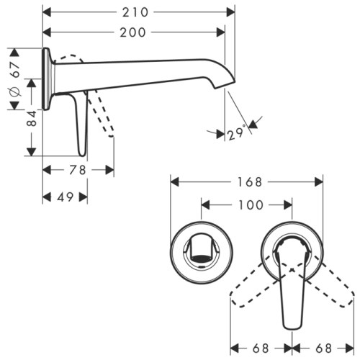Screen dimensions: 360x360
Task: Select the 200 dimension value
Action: tap(133, 32)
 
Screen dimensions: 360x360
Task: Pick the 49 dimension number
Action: tap(65, 197)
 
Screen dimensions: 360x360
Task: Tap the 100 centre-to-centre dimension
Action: tap(249, 205)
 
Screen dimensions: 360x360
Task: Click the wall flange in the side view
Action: tap(47, 79)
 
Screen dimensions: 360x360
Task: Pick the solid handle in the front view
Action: tap(291, 288)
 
